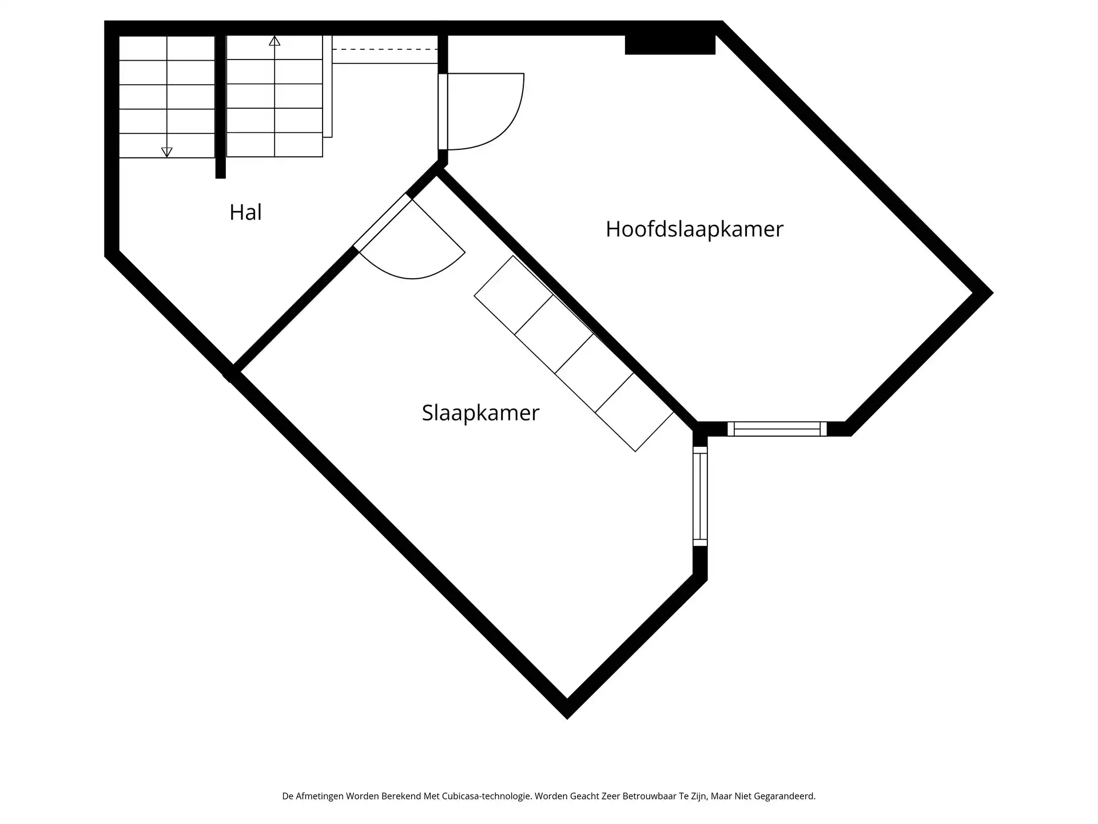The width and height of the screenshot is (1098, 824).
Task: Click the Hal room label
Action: (x=245, y=212)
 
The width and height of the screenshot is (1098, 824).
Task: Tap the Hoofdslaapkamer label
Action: (x=694, y=229)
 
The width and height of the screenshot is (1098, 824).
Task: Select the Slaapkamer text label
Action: (x=480, y=413)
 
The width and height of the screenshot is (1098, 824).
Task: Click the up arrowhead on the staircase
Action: (x=274, y=41)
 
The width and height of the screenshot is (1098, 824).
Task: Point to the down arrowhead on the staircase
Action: (x=166, y=152)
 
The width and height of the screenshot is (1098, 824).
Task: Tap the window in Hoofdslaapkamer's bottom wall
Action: (x=777, y=429)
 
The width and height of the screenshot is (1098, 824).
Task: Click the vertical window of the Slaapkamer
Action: (x=700, y=496)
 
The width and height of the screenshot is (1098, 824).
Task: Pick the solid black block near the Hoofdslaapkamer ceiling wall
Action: (x=670, y=45)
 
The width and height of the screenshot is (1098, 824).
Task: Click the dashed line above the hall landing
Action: (x=384, y=50)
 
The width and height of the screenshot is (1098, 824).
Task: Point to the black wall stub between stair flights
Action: (x=220, y=106)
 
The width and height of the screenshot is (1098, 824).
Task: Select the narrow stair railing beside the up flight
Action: (x=327, y=86)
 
